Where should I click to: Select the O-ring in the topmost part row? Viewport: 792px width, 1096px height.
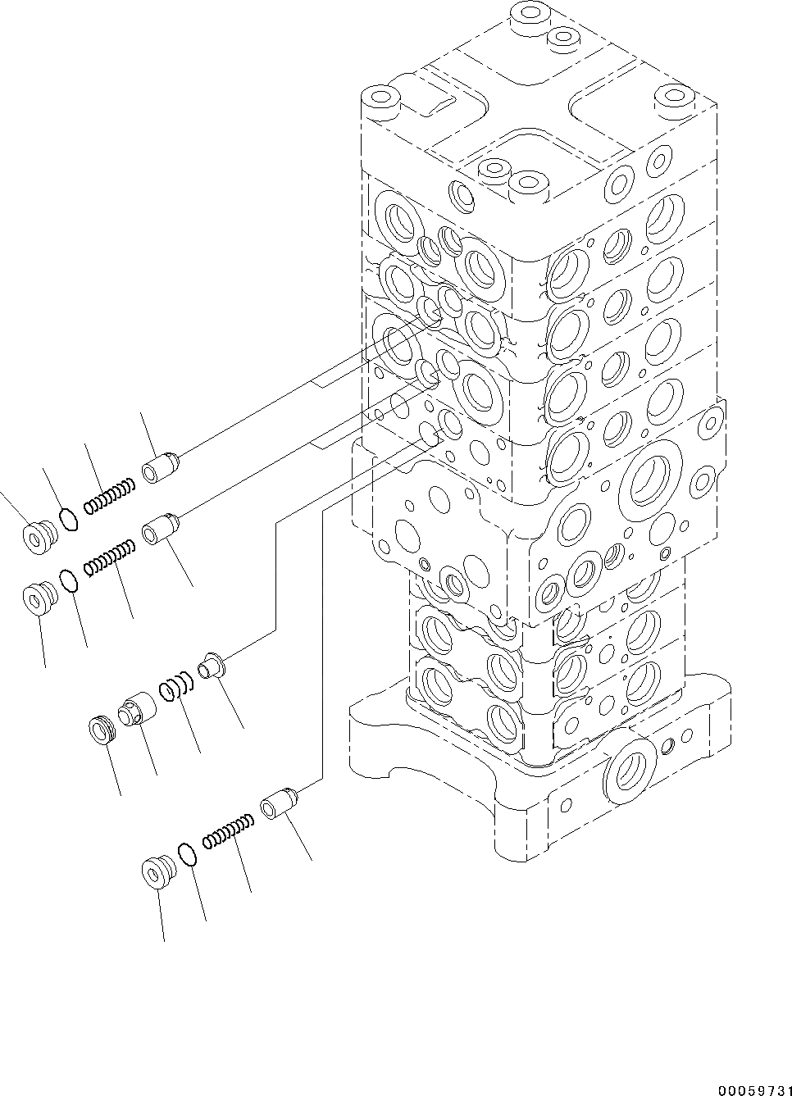click(x=70, y=519)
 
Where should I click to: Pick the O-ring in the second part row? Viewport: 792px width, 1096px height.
click(x=71, y=580)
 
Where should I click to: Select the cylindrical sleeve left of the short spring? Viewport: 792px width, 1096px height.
click(x=134, y=708)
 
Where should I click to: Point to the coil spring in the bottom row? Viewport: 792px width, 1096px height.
click(x=225, y=830)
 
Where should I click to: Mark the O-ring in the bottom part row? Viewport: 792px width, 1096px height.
click(x=188, y=853)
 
